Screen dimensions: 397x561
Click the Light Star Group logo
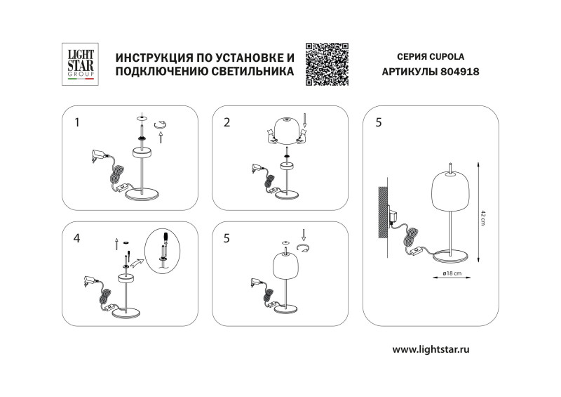[79, 65]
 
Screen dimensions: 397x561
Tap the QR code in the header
[327, 64]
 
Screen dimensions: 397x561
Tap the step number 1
[77, 122]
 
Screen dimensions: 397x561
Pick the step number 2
[227, 122]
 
